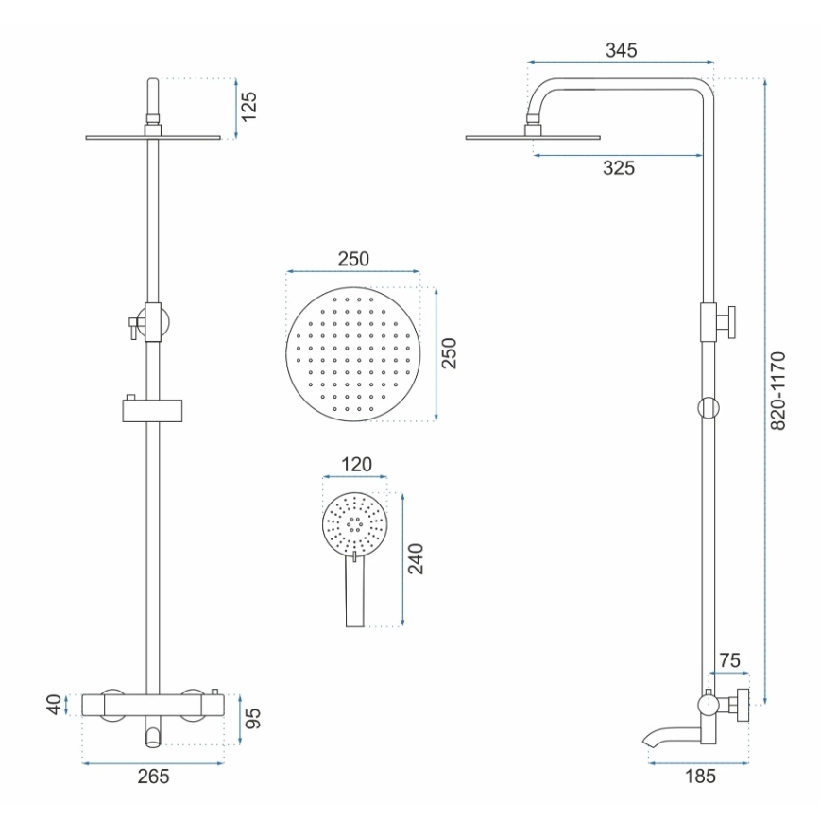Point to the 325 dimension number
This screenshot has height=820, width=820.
(619, 168)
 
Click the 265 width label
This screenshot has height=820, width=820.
(154, 777)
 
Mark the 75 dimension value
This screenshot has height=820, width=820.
(728, 658)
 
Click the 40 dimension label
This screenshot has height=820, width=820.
(55, 704)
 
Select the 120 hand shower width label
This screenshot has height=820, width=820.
(355, 464)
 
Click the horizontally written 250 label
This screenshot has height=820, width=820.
(352, 258)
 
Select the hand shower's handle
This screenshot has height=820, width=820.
(355, 595)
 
